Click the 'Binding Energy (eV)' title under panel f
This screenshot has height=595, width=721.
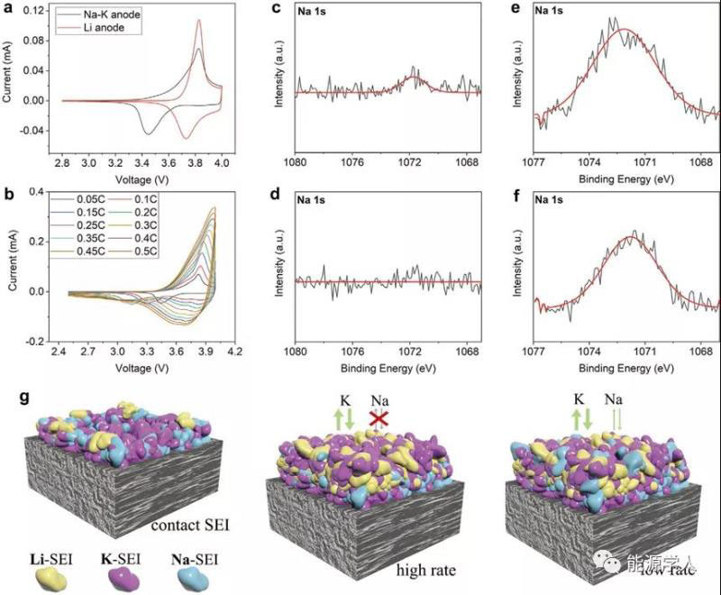[x=626, y=370]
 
